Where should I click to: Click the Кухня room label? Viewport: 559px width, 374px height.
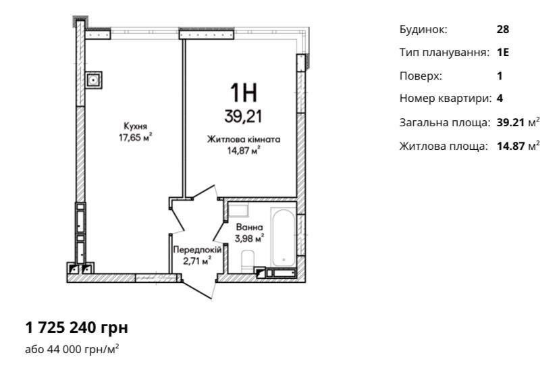(x=135, y=126)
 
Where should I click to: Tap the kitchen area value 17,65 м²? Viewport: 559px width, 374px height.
(x=135, y=137)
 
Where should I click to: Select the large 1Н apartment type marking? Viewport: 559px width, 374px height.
(x=244, y=92)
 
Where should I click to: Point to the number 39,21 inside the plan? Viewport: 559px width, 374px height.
(x=243, y=117)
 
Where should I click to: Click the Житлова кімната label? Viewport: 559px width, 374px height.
(x=244, y=139)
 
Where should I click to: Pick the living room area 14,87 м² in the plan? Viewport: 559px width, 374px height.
(x=244, y=151)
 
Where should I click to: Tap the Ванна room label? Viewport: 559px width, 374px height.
(x=250, y=227)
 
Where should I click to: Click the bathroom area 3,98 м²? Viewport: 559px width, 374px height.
(x=250, y=238)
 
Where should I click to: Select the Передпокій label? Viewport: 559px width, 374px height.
(x=197, y=250)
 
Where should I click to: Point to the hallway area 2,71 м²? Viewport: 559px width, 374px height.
(x=197, y=261)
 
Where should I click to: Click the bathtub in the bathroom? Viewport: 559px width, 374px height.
(x=284, y=237)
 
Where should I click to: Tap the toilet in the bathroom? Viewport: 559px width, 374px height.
(x=247, y=261)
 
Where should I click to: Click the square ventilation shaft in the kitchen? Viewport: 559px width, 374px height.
(x=94, y=80)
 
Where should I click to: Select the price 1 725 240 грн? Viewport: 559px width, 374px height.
(x=77, y=327)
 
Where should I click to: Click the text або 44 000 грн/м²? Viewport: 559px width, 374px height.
(x=72, y=349)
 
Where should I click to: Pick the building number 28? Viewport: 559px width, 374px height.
(x=503, y=29)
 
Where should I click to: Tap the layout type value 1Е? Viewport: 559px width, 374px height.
(x=503, y=53)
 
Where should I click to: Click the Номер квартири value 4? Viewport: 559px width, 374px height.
(x=500, y=98)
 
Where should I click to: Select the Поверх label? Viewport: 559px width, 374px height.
(x=421, y=76)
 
